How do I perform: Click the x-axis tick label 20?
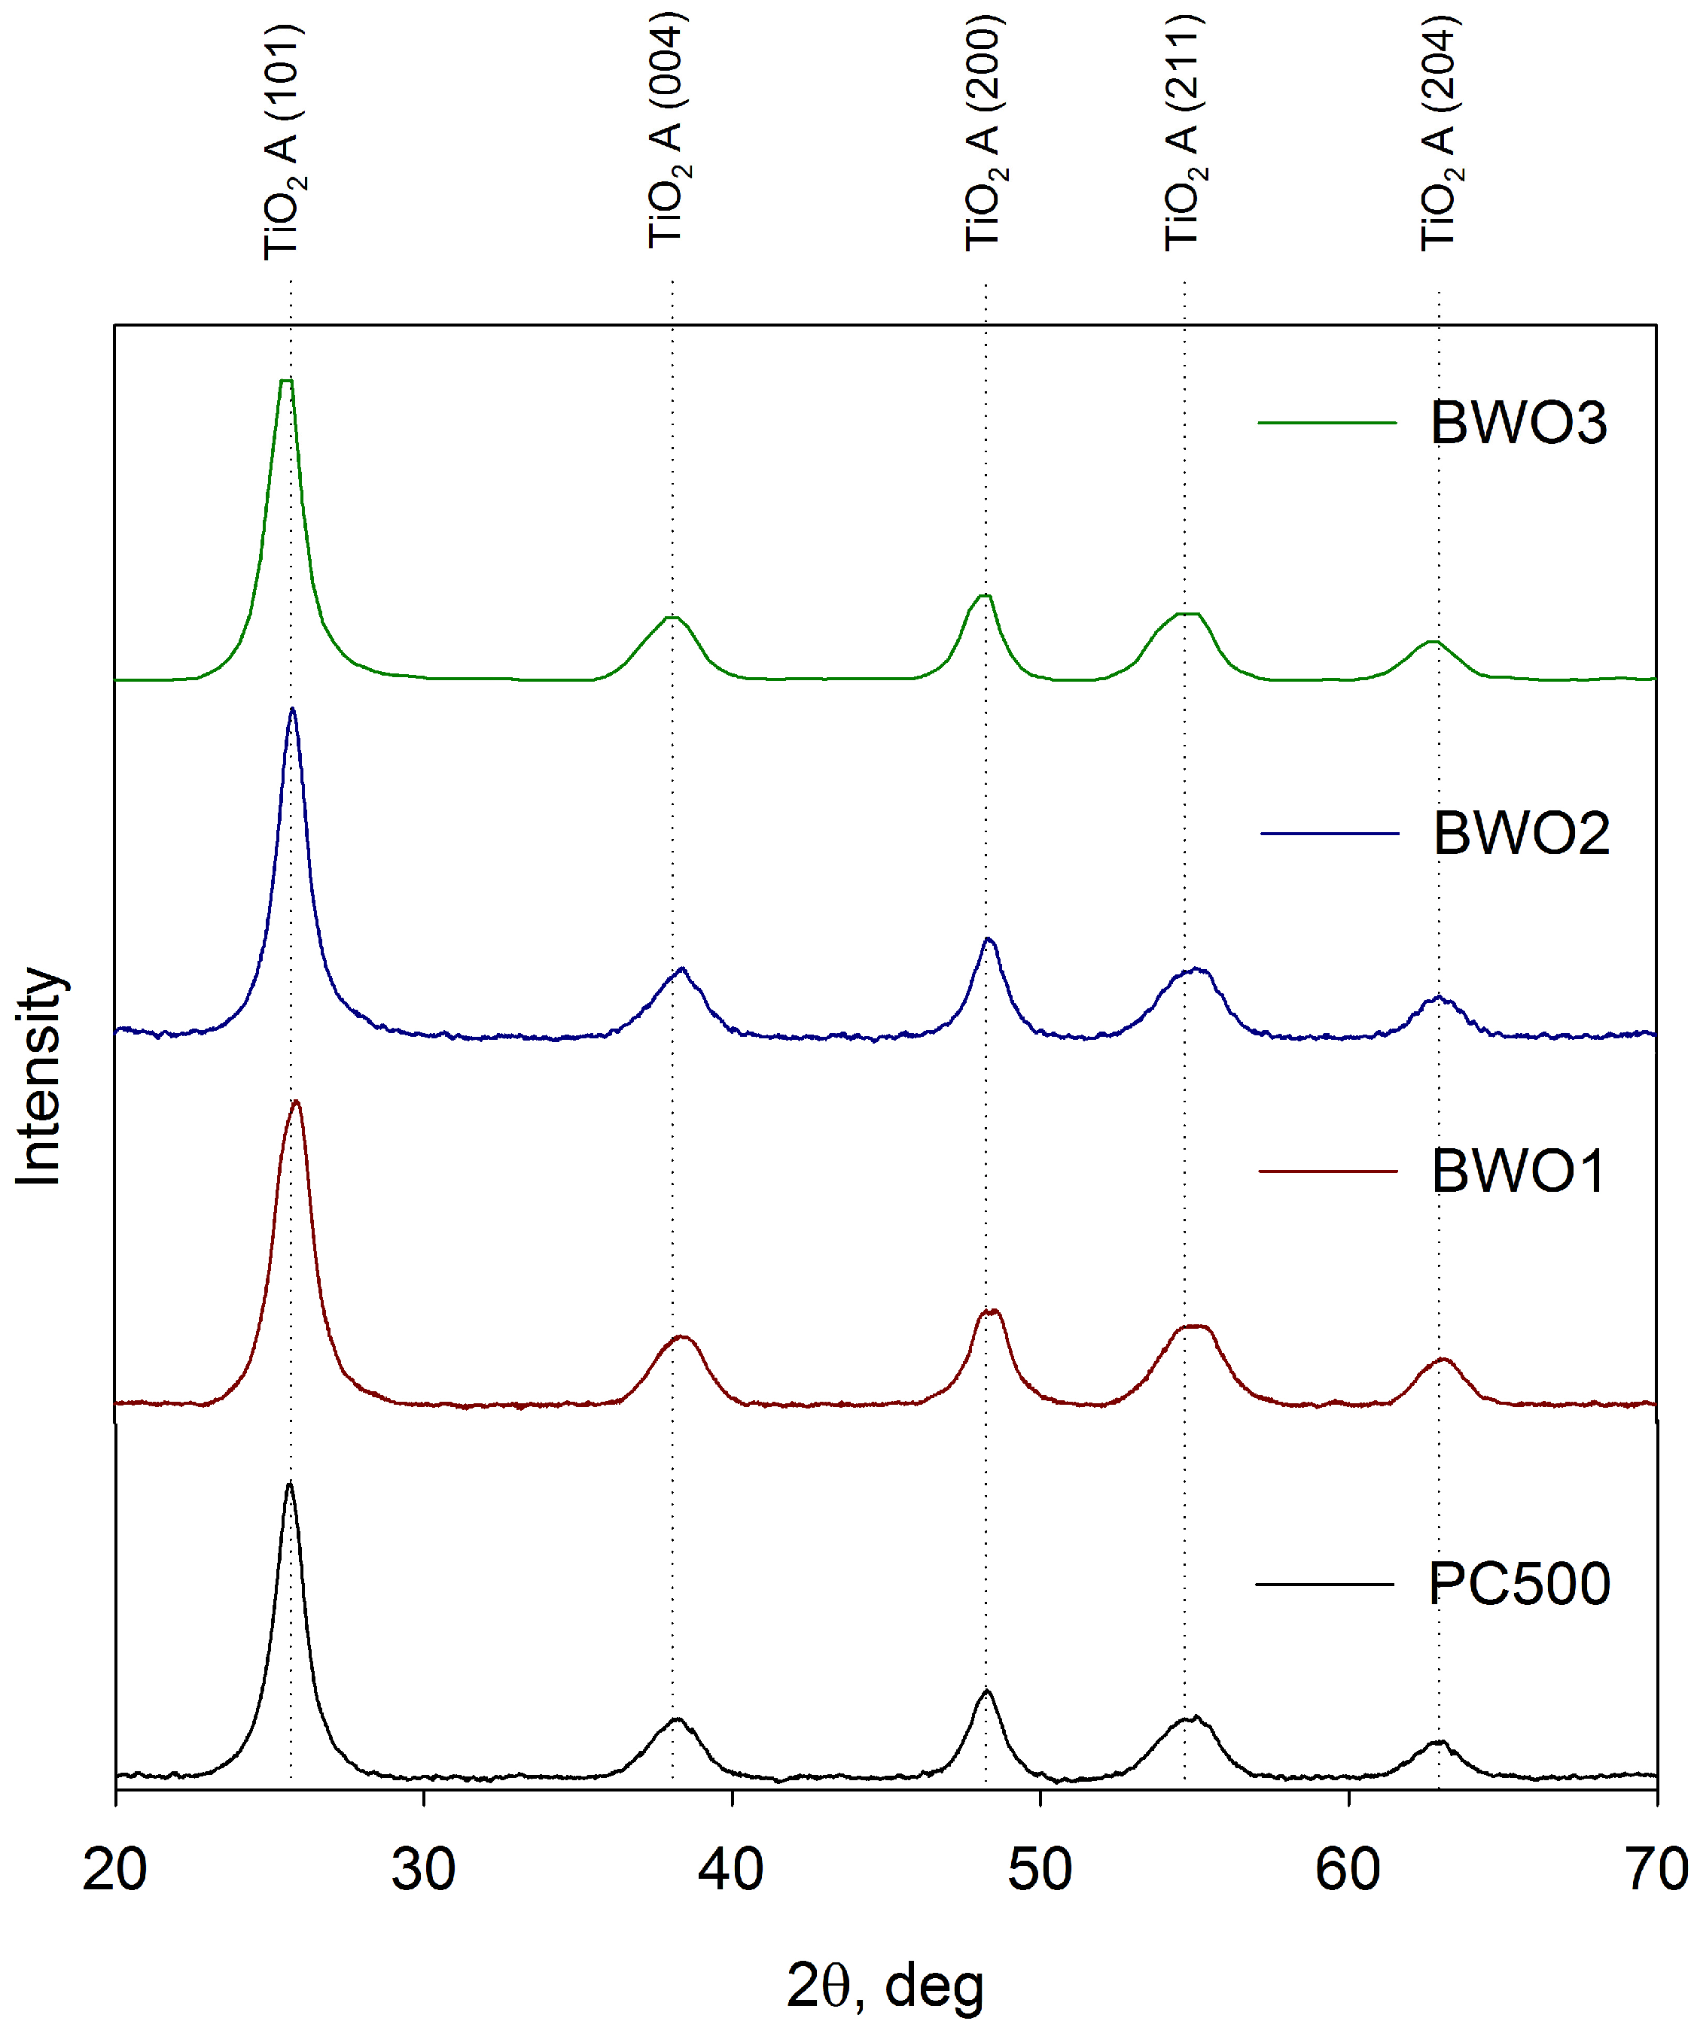[x=114, y=1870]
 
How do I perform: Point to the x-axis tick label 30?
[x=423, y=1870]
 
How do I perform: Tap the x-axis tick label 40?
[x=732, y=1870]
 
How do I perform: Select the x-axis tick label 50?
[x=1040, y=1870]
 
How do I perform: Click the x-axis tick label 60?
[x=1348, y=1870]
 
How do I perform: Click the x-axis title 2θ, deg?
[x=885, y=1986]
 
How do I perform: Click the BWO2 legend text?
[x=1522, y=833]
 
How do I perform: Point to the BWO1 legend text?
[x=1519, y=1171]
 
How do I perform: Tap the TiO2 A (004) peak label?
[x=667, y=131]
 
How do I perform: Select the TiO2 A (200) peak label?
[x=984, y=133]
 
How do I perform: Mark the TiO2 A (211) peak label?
[x=1184, y=133]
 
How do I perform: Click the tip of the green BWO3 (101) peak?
[x=285, y=381]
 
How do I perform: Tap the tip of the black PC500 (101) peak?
[x=289, y=1485]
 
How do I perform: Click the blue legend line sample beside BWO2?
[x=1330, y=834]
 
